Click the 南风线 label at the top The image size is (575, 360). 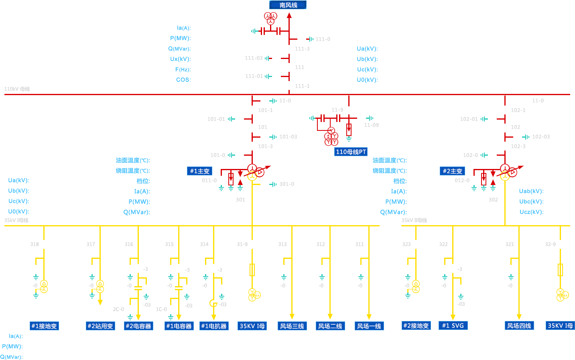[288, 5]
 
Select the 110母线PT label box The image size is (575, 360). [351, 152]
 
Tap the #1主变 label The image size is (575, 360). [199, 171]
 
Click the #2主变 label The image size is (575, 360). [452, 171]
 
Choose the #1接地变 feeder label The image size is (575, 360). [44, 326]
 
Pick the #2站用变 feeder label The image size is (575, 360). [100, 326]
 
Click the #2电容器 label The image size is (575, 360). [138, 326]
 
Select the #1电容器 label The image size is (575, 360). [179, 326]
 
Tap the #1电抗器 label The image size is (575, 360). [214, 326]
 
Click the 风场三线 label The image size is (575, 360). [292, 326]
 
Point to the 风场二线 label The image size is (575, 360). [330, 326]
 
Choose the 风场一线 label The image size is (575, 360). [369, 326]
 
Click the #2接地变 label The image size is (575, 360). [416, 325]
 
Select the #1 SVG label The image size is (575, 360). [453, 325]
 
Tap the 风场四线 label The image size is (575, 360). [519, 325]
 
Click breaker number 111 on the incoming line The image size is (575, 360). [300, 67]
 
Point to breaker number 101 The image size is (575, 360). [262, 127]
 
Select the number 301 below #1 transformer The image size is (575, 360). [240, 200]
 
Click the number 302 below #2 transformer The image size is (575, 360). [493, 200]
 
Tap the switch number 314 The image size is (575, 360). [204, 244]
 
